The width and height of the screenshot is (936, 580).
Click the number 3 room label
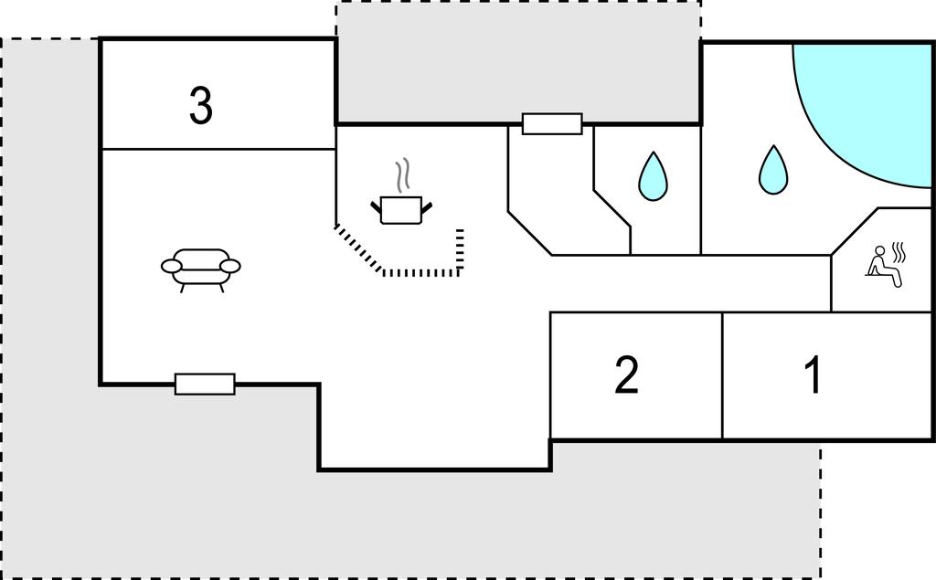(201, 106)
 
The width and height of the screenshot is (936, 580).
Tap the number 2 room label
(626, 375)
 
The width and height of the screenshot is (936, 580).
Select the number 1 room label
(812, 375)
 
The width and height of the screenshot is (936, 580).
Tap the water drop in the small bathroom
(652, 176)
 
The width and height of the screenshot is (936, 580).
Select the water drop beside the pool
(773, 171)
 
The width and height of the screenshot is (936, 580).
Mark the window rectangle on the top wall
(552, 123)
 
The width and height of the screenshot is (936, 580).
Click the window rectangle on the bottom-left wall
(205, 384)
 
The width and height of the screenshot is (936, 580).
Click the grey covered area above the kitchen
(518, 60)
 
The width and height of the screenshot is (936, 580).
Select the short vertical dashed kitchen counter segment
(460, 249)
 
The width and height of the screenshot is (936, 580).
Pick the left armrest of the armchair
(173, 266)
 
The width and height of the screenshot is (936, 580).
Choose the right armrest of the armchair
(230, 266)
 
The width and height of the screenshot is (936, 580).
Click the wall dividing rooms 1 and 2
(722, 375)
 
